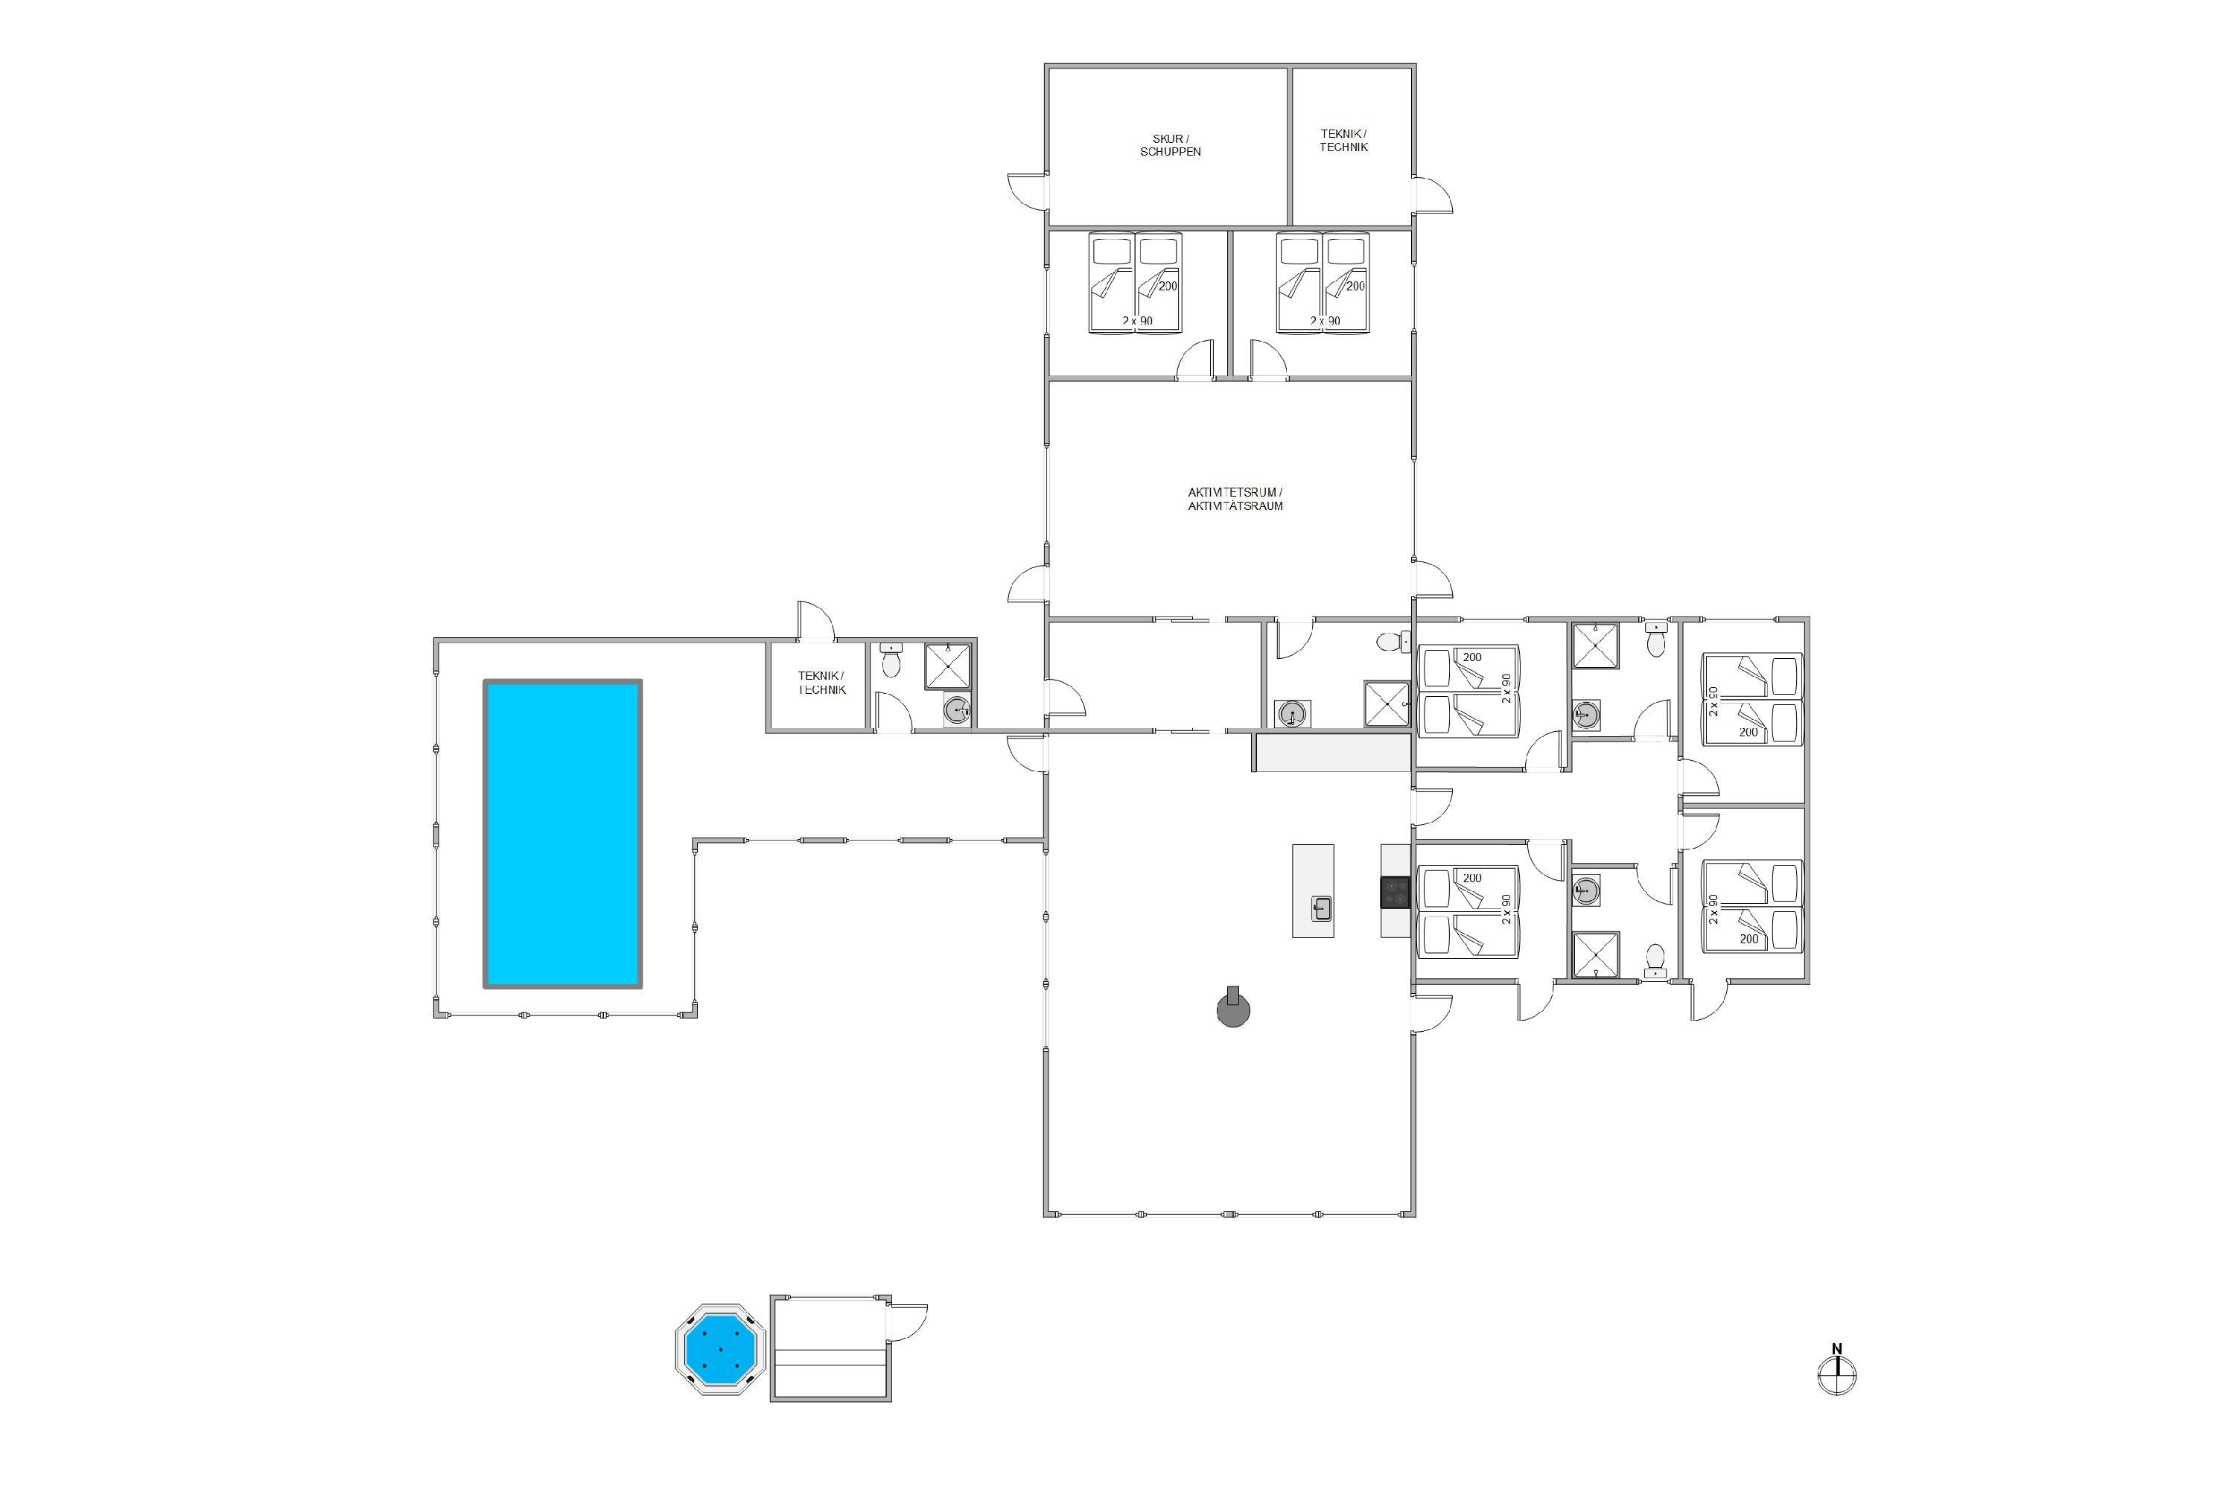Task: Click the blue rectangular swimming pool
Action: tap(563, 833)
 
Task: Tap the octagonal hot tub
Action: tap(721, 1348)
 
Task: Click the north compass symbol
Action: tap(1837, 1374)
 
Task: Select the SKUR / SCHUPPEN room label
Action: tap(1170, 145)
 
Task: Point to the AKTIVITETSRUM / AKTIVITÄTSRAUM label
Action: tap(1235, 500)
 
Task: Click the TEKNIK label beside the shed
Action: tap(1343, 141)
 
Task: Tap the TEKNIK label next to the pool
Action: tap(821, 683)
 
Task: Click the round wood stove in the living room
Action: tap(1234, 1010)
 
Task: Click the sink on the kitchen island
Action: tap(1321, 909)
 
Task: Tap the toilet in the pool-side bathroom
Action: tap(891, 660)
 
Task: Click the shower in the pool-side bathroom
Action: tap(948, 666)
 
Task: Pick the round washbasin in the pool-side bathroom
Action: tap(958, 710)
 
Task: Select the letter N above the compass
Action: tap(1837, 1348)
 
